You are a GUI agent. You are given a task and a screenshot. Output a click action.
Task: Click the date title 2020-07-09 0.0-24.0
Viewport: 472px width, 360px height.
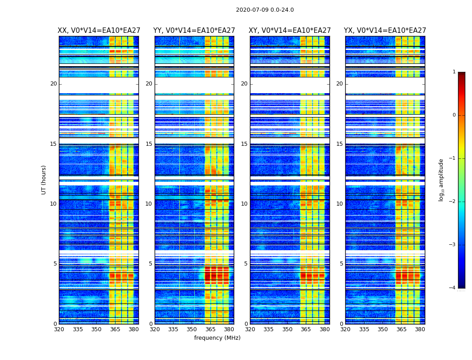coord(265,10)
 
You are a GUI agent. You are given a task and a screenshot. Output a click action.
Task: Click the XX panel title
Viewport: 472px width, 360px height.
coord(98,31)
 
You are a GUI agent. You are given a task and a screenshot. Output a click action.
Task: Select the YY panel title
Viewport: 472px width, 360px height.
coord(194,31)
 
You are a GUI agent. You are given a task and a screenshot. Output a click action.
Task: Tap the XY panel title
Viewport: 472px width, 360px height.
coord(290,31)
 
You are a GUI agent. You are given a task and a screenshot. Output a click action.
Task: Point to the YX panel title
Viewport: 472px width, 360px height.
coord(385,31)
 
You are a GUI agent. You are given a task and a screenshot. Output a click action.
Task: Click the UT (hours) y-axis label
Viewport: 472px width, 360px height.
coord(44,180)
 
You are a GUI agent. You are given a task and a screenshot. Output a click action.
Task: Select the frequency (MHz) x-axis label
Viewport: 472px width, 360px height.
coord(217,338)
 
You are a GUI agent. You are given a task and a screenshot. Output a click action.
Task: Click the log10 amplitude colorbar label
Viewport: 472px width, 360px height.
coord(441,180)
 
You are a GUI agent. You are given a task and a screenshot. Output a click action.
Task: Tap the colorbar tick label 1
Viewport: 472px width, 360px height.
coord(454,72)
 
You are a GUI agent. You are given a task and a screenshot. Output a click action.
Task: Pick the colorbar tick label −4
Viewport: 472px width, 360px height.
coord(453,288)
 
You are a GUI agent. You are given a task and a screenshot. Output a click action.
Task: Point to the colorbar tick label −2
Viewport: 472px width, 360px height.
coord(453,202)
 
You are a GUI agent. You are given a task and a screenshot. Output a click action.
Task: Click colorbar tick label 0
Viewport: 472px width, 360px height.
coord(454,115)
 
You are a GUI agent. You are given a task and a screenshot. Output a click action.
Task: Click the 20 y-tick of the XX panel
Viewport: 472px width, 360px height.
coord(53,84)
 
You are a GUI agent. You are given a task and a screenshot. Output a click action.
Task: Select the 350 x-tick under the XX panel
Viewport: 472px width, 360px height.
coord(96,329)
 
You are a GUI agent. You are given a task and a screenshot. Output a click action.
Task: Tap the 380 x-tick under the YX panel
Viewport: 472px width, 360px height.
coord(420,329)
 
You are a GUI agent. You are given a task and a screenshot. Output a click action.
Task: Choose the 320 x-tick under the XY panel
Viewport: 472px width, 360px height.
coord(250,329)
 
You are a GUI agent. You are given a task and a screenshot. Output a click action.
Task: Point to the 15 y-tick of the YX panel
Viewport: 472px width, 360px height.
coord(339,144)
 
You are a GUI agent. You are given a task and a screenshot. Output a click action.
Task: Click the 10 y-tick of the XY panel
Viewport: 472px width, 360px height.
coord(244,204)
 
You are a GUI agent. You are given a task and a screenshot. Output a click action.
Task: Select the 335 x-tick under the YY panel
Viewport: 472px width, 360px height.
coord(173,329)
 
